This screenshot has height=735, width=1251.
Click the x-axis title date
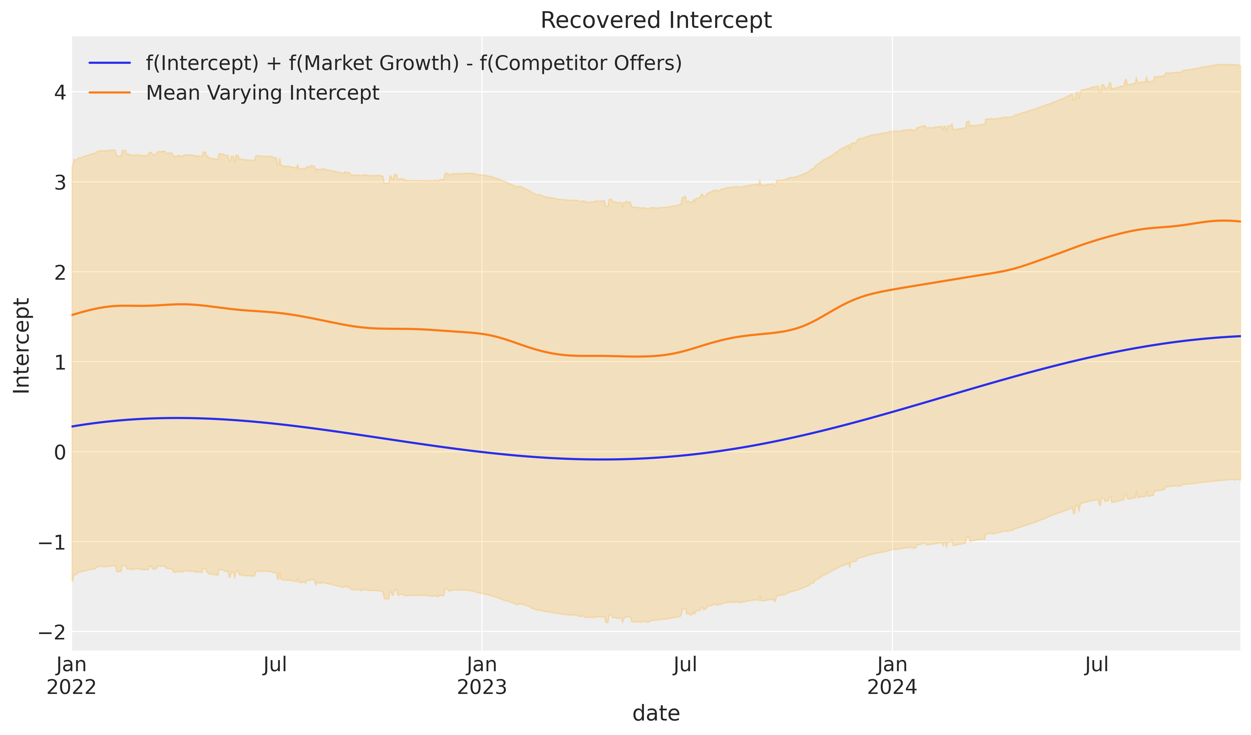656,714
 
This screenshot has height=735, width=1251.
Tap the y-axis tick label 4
60,92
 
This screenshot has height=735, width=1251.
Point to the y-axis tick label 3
60,183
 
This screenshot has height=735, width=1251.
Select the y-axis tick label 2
60,273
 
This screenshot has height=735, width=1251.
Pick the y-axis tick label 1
60,363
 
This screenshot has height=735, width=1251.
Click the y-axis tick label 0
60,452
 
